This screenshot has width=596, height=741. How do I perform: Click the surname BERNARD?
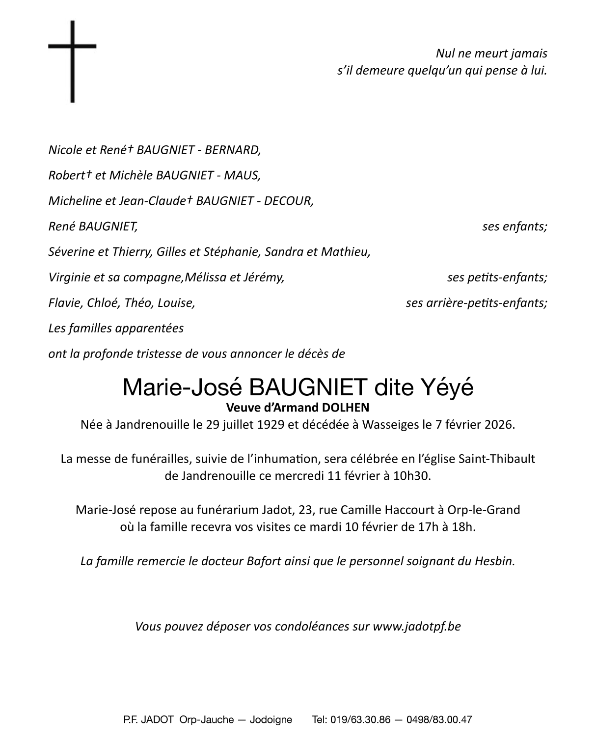pyautogui.click(x=232, y=150)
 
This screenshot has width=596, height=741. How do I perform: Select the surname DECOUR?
pyautogui.click(x=289, y=201)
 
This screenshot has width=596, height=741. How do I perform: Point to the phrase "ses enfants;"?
pyautogui.click(x=515, y=226)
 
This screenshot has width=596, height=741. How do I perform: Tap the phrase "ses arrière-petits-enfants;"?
pyautogui.click(x=476, y=303)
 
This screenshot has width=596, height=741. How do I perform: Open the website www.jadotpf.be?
pyautogui.click(x=417, y=627)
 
